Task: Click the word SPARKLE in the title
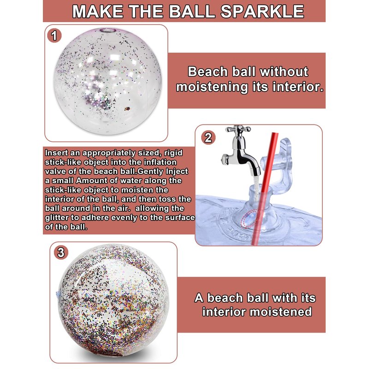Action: [262, 11]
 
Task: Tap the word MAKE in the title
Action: [97, 11]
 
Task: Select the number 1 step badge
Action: [54, 36]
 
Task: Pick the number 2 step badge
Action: [208, 137]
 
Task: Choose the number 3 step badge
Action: [61, 253]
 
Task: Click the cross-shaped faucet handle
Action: [238, 129]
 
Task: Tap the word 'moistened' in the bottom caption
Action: [280, 312]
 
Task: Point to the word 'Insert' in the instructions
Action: [56, 153]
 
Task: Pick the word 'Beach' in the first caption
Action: [208, 71]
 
